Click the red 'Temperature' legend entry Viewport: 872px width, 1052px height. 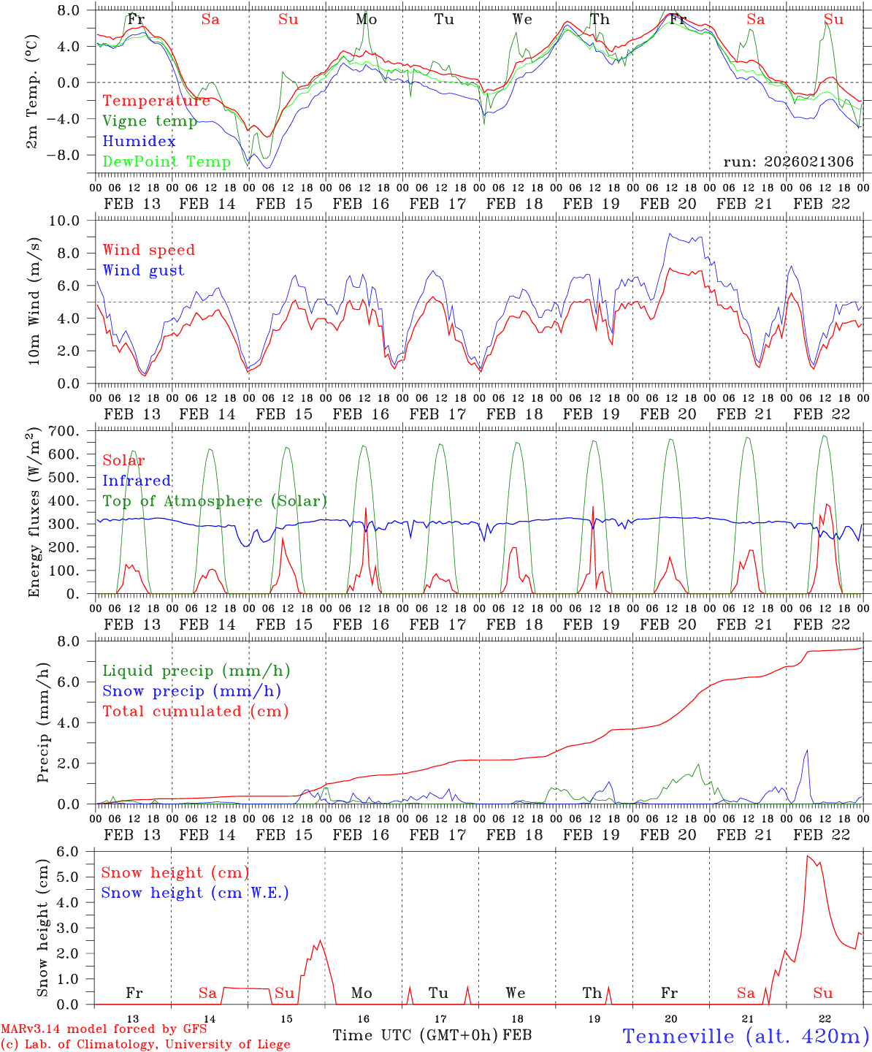[x=156, y=101]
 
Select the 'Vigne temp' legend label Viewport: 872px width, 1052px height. [x=150, y=121]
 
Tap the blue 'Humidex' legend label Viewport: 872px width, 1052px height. [x=139, y=142]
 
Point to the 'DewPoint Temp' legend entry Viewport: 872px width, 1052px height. [x=167, y=161]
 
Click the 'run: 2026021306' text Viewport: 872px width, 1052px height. [x=788, y=162]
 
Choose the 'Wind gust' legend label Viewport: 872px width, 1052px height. [x=144, y=270]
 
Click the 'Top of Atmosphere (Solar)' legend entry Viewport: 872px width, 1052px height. [x=215, y=501]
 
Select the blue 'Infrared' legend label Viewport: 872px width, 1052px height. [x=137, y=481]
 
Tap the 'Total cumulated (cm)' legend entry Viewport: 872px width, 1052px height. [x=196, y=711]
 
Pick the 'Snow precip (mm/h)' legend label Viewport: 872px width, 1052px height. [x=192, y=691]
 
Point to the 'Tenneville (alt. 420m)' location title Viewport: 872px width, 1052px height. [x=746, y=1036]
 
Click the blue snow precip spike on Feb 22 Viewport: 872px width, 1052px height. [x=807, y=751]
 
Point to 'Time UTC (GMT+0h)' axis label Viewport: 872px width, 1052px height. [x=415, y=1035]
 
